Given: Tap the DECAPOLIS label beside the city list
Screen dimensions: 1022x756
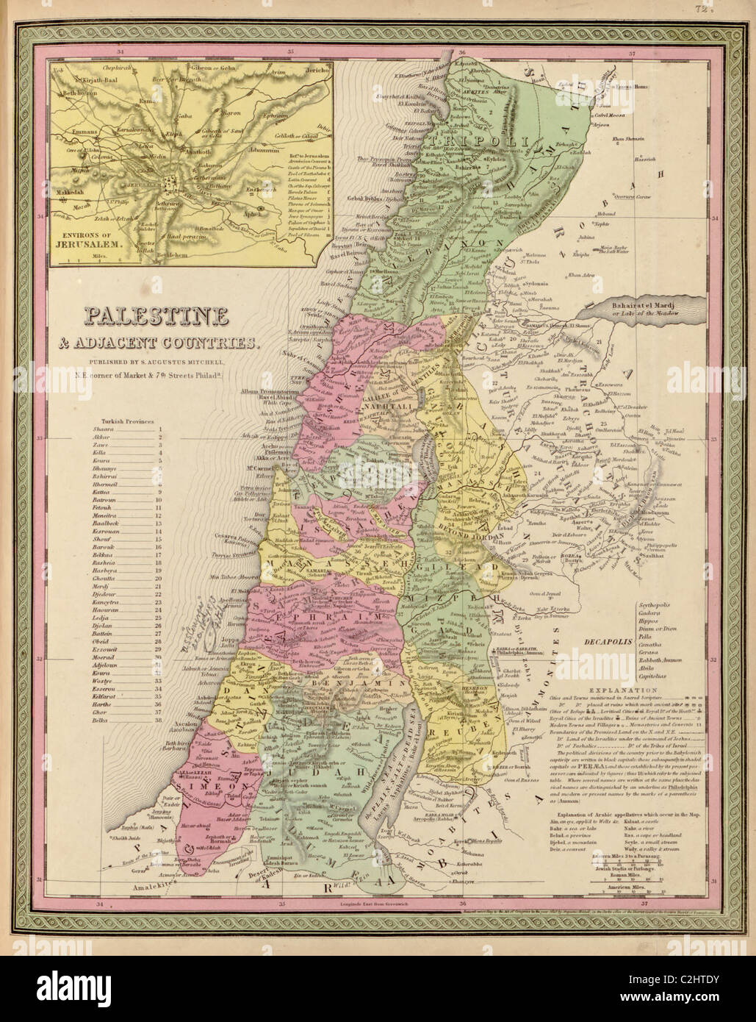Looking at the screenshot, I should [602, 640].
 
